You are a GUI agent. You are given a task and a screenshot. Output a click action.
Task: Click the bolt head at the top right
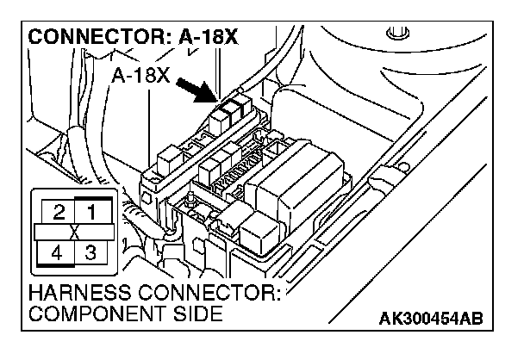[396, 36]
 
